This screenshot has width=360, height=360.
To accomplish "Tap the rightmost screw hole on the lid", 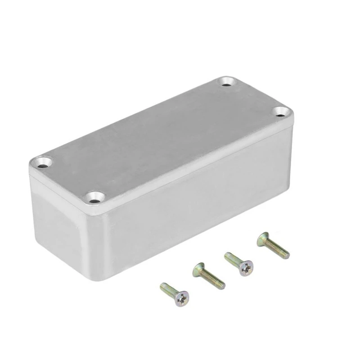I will (x=281, y=112).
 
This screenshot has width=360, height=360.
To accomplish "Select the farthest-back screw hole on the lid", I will (x=227, y=82).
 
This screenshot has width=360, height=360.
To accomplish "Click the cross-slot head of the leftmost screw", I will (x=181, y=298).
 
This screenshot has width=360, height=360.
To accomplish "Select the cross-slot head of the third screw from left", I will (x=246, y=268).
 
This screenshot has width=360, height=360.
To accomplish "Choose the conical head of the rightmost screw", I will (x=263, y=239).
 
